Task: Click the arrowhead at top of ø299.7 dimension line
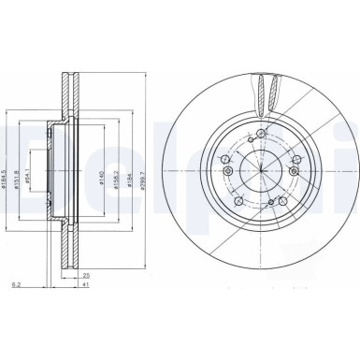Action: (x=150, y=72)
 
